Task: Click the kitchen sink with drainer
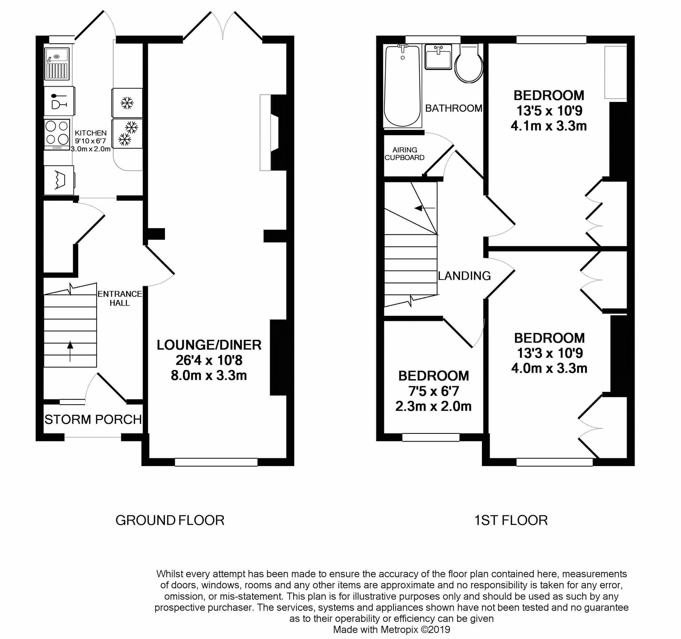coord(57,64)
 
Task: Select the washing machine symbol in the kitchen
coord(59,180)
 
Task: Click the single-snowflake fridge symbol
coord(127,103)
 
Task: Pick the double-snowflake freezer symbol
coord(127,133)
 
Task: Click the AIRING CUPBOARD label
coord(404,154)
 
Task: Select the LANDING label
coord(464,276)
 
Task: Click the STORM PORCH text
coord(93,420)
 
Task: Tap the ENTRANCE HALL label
coord(119,298)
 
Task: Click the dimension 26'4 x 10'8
coord(209,360)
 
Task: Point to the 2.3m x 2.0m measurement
coord(433,406)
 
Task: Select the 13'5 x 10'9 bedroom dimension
coord(549,111)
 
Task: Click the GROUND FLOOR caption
coord(170,520)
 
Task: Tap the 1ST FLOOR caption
coord(511,520)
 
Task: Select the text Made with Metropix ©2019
coord(391,630)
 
